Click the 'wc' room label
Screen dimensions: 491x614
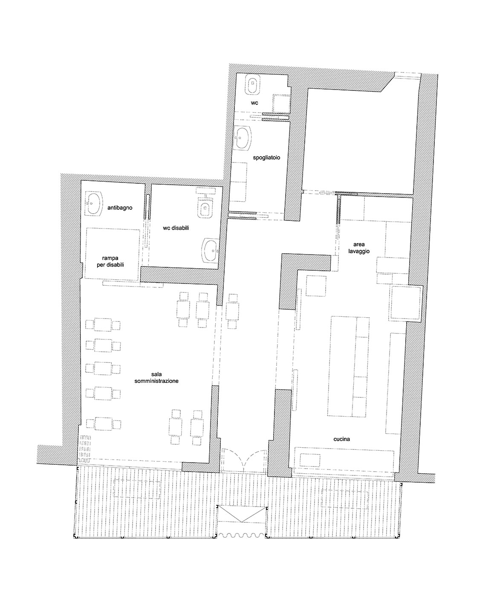click(x=254, y=103)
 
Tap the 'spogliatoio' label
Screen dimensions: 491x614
click(x=266, y=157)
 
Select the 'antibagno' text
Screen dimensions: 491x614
click(x=119, y=208)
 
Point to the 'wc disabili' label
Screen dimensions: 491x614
click(x=176, y=228)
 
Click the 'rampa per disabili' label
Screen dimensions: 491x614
click(x=110, y=261)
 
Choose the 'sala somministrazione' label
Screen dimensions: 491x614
click(x=156, y=377)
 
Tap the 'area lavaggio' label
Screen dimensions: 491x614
click(x=358, y=248)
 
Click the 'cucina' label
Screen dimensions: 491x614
click(x=341, y=439)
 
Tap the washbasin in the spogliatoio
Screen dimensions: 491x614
click(x=243, y=139)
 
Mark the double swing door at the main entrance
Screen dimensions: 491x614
click(x=244, y=460)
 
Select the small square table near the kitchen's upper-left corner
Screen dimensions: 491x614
click(x=316, y=286)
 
